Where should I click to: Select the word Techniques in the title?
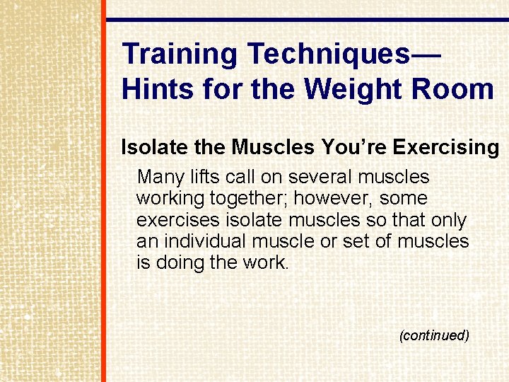(x=329, y=54)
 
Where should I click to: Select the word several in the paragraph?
(x=314, y=176)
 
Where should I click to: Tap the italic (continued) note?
(x=434, y=335)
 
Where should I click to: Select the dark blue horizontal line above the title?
(x=307, y=20)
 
